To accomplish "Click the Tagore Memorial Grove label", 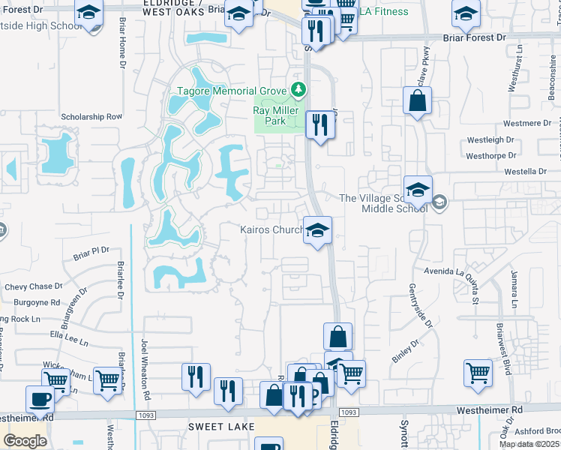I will [x=232, y=91].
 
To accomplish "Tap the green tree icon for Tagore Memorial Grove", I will [x=299, y=91].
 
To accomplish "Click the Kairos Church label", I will [x=271, y=229].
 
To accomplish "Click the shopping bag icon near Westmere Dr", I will [x=417, y=100].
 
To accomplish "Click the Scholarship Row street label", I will [x=91, y=117].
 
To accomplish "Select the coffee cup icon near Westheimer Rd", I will [x=40, y=398].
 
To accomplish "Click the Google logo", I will [x=25, y=440].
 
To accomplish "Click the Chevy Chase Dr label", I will [x=33, y=286].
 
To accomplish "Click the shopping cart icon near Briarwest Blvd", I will [x=478, y=373].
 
